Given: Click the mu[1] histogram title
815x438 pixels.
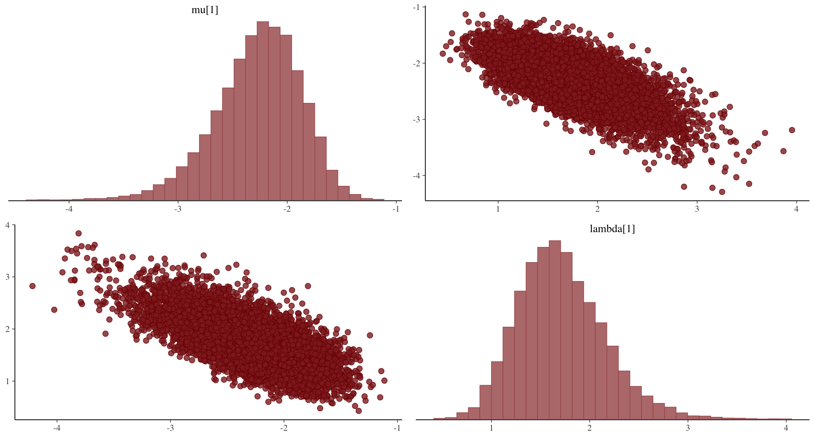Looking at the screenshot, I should [205, 10].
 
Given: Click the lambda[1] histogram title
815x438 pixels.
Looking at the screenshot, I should [612, 229].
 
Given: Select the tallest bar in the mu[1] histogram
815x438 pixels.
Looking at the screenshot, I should [263, 111].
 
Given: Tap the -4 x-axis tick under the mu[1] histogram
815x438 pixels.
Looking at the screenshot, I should [69, 209].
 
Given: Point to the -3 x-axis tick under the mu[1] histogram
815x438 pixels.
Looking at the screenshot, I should [178, 209].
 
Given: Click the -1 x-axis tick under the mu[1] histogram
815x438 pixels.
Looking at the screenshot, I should [396, 209].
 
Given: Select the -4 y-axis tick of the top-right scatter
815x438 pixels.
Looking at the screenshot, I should [416, 175].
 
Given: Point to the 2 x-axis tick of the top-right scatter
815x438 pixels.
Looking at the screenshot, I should [597, 209].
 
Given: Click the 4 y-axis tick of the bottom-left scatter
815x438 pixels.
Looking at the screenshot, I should [8, 225].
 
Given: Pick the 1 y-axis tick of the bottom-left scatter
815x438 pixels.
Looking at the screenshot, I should [8, 381].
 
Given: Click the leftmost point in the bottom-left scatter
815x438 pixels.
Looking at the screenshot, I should [32, 286].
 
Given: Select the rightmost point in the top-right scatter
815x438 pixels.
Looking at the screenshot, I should [792, 130].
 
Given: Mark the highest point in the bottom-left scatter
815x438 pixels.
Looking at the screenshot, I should [78, 234].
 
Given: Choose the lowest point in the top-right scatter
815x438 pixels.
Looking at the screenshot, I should [722, 192].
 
